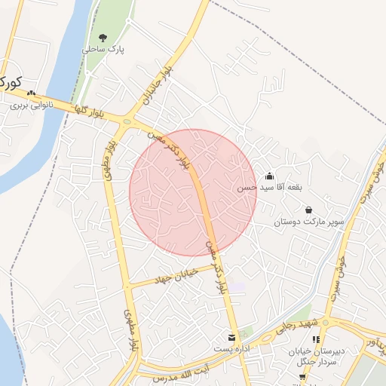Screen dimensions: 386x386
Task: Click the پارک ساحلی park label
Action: point(103,49)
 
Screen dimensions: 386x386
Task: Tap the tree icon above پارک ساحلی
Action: point(103,37)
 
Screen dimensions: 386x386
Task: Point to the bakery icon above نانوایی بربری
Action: point(31,93)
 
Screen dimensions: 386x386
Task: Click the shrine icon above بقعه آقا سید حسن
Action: point(269,176)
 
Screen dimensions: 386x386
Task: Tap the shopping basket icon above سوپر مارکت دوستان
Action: point(308,210)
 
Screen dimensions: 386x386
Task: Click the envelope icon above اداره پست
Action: point(231,337)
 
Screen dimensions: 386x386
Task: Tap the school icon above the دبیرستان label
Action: point(316,340)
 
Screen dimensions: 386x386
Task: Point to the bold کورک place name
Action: point(9,82)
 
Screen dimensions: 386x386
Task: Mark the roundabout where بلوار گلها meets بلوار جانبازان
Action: point(127,121)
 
